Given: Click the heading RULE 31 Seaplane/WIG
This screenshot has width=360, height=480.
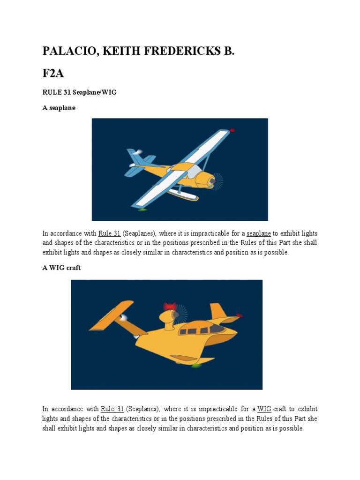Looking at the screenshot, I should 79,92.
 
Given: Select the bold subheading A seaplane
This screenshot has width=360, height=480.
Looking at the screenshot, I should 59,108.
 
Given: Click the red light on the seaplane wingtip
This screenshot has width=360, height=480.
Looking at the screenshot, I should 232,130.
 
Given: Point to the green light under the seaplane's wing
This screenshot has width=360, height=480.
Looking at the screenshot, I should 142,210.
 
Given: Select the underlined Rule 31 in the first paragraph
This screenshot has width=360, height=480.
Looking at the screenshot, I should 110,233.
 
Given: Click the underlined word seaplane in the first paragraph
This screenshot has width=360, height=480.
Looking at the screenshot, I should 258,233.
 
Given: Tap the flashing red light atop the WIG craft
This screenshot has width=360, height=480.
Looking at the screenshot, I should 169,307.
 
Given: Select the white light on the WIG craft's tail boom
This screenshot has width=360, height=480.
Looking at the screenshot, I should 125,318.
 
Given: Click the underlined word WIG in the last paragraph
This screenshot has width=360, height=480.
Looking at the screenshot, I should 265,409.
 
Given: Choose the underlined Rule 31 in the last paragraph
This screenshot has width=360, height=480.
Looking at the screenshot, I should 112,409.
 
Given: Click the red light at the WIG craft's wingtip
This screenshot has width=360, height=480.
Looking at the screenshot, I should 239,315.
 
